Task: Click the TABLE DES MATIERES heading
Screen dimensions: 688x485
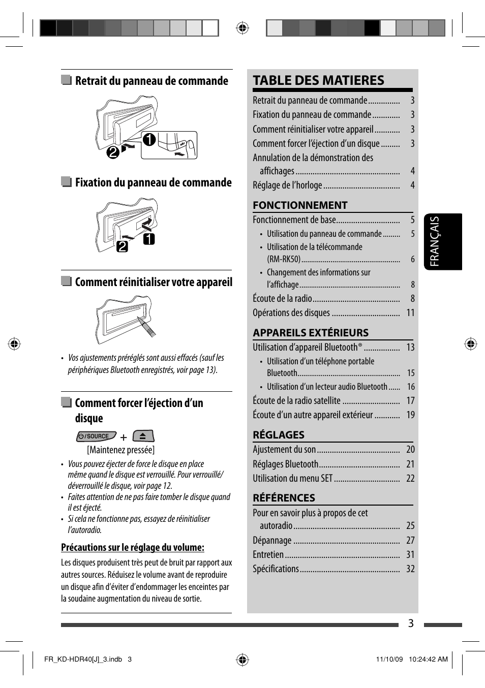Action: (318, 80)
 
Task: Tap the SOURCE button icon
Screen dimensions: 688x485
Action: (96, 436)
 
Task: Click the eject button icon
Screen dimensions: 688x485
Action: (143, 436)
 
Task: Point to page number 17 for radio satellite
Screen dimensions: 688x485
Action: (410, 401)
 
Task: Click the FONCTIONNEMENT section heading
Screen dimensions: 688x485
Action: (300, 205)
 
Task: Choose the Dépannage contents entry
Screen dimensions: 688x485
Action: (272, 540)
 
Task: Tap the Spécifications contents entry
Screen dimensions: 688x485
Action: (276, 569)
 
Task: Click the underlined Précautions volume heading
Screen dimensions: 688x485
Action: (133, 547)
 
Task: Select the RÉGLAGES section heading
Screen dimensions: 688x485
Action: (279, 435)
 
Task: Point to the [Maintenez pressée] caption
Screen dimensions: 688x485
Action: (120, 450)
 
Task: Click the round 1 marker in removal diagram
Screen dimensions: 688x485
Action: (149, 139)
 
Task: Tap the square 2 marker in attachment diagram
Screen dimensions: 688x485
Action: (123, 246)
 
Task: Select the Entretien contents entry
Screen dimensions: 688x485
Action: (268, 554)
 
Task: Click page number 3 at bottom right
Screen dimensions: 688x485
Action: (411, 623)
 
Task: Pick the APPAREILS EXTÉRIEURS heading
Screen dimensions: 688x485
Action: (311, 333)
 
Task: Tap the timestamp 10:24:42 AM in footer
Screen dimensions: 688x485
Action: (428, 659)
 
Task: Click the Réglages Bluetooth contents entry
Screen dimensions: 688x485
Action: (285, 464)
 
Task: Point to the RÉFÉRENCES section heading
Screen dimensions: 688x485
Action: (284, 498)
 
